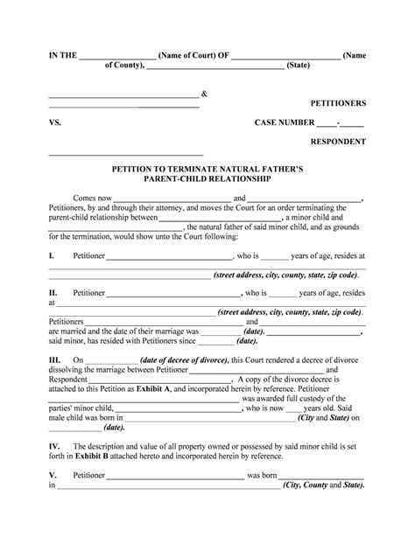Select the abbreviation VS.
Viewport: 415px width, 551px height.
[54, 123]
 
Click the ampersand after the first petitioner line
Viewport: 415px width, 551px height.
[204, 93]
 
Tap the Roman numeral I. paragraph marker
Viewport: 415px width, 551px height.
[51, 256]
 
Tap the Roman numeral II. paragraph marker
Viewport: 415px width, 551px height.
[53, 293]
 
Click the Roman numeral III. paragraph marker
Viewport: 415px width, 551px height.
[54, 359]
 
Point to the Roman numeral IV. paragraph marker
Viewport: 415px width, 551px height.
[54, 445]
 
